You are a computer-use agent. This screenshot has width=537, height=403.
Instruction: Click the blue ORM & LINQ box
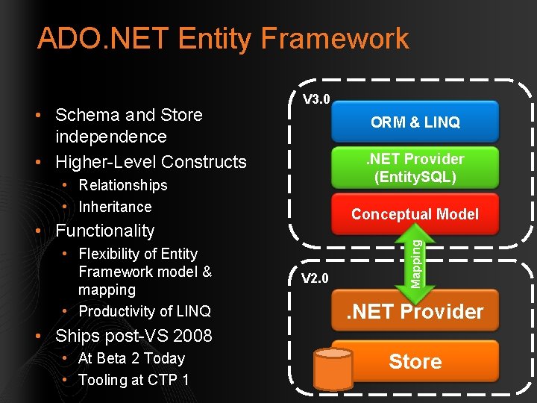pyautogui.click(x=415, y=122)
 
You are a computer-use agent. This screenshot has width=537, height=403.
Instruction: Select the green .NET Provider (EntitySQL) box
pyautogui.click(x=415, y=168)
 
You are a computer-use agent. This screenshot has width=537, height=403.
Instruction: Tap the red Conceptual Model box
pyautogui.click(x=415, y=214)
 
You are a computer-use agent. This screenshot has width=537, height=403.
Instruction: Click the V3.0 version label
pyautogui.click(x=316, y=99)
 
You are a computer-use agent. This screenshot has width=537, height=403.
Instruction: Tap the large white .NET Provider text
pyautogui.click(x=415, y=312)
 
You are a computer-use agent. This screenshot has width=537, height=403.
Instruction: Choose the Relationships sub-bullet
pyautogui.click(x=123, y=185)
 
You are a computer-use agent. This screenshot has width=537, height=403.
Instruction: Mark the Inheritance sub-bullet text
pyautogui.click(x=115, y=207)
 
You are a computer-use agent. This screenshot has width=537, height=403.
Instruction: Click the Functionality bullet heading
pyautogui.click(x=104, y=231)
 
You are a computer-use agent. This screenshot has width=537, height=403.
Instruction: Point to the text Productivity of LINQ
pyautogui.click(x=145, y=311)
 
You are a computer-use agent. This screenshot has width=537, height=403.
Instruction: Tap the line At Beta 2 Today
pyautogui.click(x=131, y=358)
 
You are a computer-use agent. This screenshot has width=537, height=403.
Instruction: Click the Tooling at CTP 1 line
pyautogui.click(x=134, y=380)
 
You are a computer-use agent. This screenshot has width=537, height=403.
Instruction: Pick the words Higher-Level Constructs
pyautogui.click(x=151, y=162)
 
